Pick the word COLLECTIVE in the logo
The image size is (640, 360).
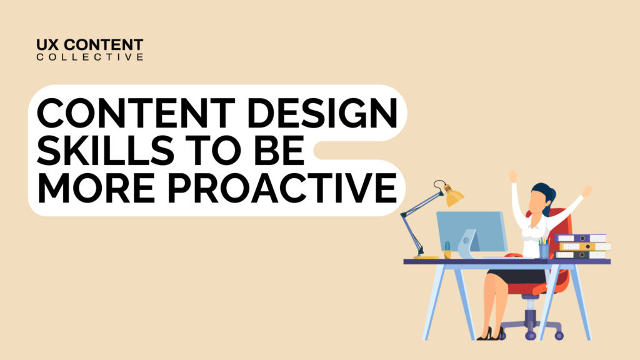click(x=90, y=57)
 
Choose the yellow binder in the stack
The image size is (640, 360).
click(x=584, y=246)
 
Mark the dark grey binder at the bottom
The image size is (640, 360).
click(x=581, y=254)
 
